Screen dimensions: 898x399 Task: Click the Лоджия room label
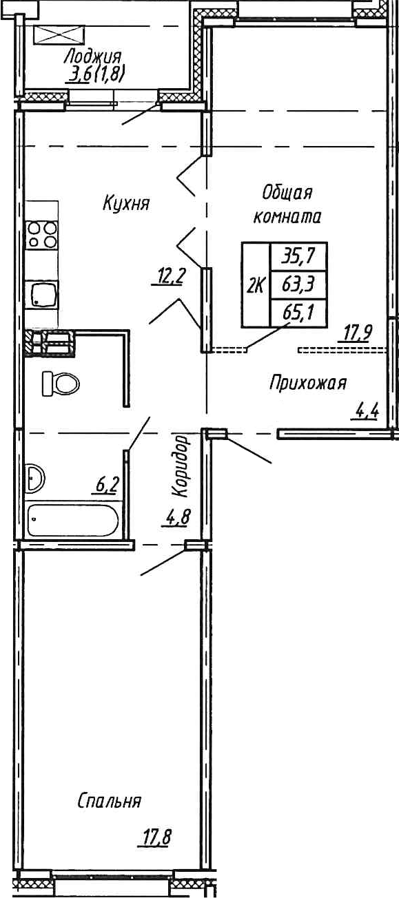[93, 56]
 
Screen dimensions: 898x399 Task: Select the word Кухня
[126, 204]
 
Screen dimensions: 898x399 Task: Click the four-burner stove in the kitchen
[42, 235]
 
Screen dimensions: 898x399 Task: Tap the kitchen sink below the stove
[42, 295]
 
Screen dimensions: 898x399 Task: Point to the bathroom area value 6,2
[107, 485]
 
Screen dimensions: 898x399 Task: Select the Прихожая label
[307, 383]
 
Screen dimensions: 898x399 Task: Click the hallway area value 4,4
[367, 413]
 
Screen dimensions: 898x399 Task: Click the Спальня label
[109, 802]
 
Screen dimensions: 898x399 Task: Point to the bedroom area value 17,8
[156, 838]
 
